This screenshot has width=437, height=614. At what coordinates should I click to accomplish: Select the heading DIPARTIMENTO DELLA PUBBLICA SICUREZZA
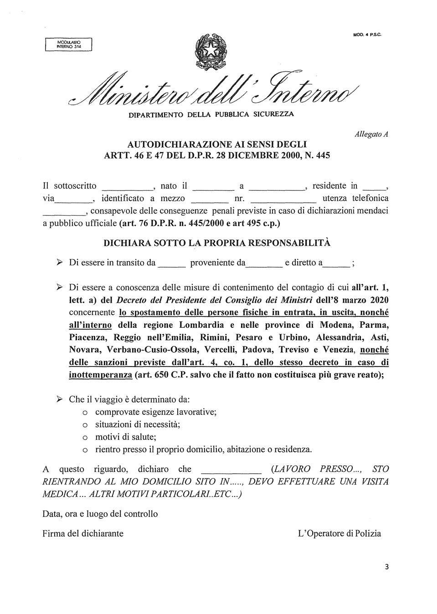point(211,114)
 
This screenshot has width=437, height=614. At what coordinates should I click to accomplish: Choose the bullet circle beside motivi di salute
point(84,438)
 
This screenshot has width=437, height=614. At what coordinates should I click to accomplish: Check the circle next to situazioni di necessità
point(84,425)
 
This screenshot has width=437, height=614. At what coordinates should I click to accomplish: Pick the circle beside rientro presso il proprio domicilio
point(84,450)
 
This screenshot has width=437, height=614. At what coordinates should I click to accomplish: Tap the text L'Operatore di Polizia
point(339,533)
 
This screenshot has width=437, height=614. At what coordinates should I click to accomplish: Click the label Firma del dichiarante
point(83,533)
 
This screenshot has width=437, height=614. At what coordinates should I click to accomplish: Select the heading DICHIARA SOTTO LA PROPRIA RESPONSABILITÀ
point(217,243)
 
